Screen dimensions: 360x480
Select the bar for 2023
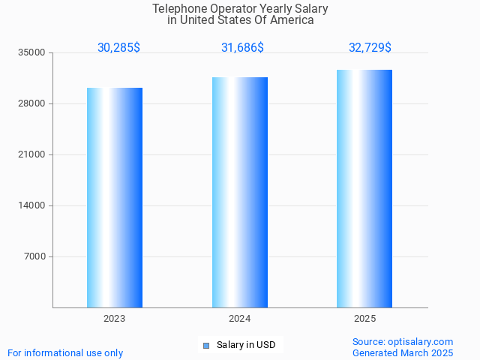point(115,197)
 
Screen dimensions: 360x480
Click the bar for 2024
point(240,192)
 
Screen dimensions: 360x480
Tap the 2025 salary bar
point(364,188)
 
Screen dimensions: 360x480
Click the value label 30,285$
point(118,47)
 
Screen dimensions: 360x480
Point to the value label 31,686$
point(242,47)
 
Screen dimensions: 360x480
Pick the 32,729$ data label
point(370,47)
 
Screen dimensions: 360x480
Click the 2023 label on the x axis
point(115,319)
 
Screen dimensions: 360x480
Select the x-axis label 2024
point(240,319)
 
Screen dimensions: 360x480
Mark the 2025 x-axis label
point(365,319)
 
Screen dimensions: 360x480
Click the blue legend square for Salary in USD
point(206,345)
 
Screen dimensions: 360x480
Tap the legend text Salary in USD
point(246,345)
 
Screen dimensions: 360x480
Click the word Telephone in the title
point(178,9)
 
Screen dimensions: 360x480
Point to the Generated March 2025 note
point(403,352)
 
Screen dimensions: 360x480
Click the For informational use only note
point(65,352)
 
